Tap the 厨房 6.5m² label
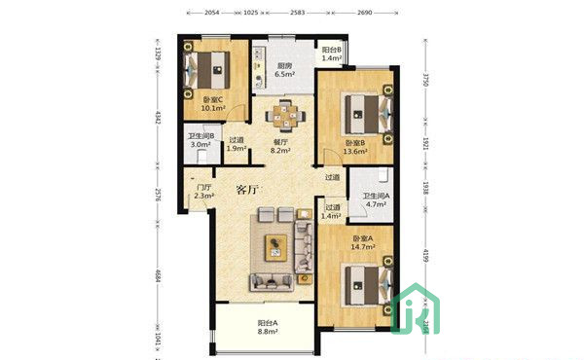(x=284, y=70)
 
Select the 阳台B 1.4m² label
(x=332, y=54)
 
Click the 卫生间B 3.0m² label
(x=201, y=140)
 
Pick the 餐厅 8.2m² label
(x=282, y=146)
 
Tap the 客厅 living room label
(x=252, y=190)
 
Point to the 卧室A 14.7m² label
(x=366, y=244)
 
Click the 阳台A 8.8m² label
(x=269, y=328)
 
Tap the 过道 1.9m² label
(x=237, y=143)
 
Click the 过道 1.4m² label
(x=333, y=211)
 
